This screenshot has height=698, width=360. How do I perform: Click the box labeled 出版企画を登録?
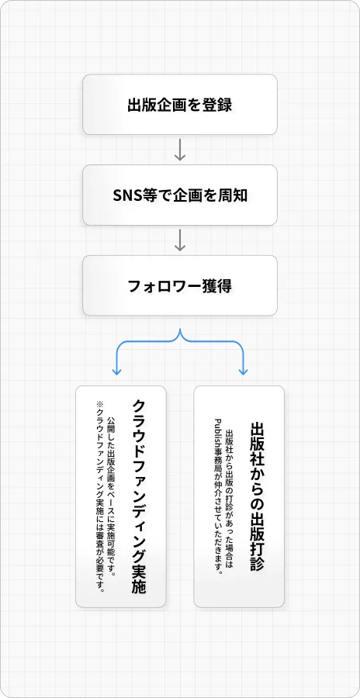click(180, 105)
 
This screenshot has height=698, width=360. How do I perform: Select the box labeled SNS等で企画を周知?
click(180, 195)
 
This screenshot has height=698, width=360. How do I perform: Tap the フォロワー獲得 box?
click(180, 285)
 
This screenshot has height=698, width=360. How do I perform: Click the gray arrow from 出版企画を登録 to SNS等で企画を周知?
click(179, 150)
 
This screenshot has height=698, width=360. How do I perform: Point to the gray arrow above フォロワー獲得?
click(179, 240)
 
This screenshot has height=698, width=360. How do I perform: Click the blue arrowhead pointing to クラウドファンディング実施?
click(116, 371)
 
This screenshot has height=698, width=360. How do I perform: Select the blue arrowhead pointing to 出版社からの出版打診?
click(244, 371)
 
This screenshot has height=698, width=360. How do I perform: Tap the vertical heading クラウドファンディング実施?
click(140, 496)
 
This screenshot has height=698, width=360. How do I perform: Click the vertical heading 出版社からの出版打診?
click(257, 496)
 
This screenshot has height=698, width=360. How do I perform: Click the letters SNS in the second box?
click(127, 195)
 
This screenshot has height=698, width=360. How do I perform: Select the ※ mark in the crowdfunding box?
click(99, 405)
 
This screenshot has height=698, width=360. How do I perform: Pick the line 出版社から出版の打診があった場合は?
click(229, 497)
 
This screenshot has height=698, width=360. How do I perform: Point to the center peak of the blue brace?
click(180, 330)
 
